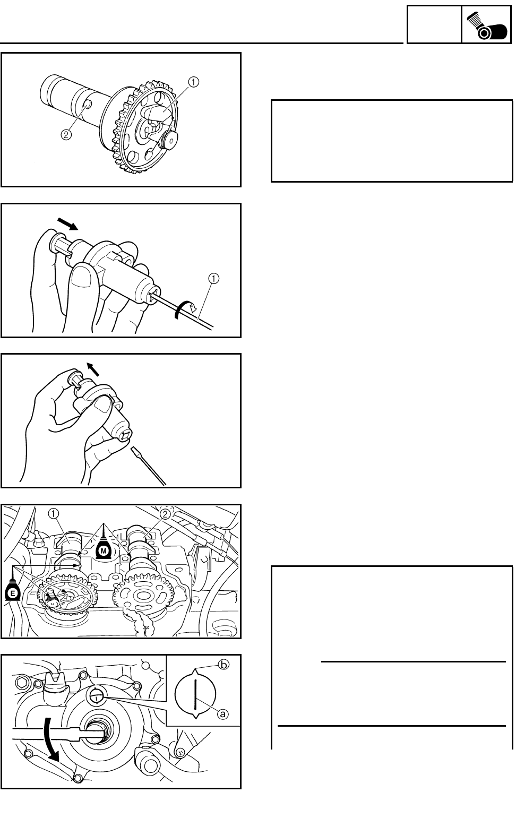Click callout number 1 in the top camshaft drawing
coord(193,82)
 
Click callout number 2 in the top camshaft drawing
coord(66,135)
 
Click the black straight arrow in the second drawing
coord(67,223)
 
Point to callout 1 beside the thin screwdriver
coord(213,279)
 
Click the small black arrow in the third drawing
coord(93,369)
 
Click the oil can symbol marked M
coord(104,549)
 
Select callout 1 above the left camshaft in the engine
coord(53,514)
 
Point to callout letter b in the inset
coord(223,665)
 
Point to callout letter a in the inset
coord(223,713)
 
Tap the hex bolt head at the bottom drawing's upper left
coord(22,682)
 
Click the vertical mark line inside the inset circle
coord(196,694)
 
